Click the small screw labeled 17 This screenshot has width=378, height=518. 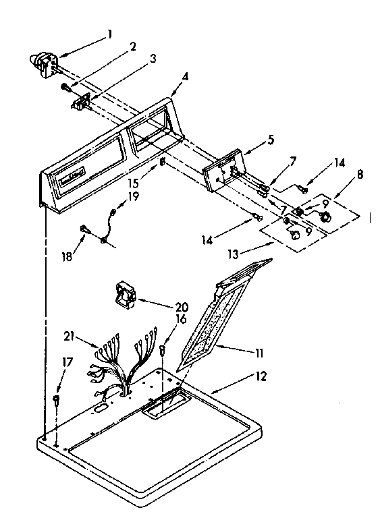tap(55, 401)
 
